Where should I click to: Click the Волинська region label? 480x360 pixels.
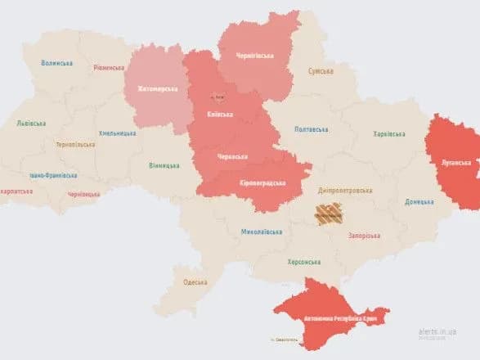tap(56, 63)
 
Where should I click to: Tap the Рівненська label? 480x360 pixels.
tap(109, 68)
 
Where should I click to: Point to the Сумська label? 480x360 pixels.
tap(321, 72)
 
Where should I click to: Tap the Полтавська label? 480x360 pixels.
tap(311, 129)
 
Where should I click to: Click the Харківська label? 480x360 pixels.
tap(388, 133)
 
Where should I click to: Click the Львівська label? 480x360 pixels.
tap(31, 124)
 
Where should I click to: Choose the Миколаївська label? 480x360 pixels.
tap(262, 232)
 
